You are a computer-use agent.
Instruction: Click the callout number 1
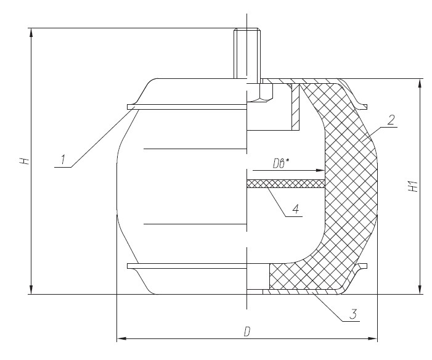[63, 160]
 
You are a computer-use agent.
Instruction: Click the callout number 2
[391, 120]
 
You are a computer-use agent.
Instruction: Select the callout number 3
[353, 314]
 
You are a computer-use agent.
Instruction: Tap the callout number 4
[295, 209]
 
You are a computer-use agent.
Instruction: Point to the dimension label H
[24, 162]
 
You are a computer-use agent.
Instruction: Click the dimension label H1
[414, 187]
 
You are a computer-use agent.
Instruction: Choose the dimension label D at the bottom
[247, 332]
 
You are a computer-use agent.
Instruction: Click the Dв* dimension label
[281, 164]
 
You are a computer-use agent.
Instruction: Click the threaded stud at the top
[247, 54]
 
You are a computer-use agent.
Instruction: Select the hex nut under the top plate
[260, 93]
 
